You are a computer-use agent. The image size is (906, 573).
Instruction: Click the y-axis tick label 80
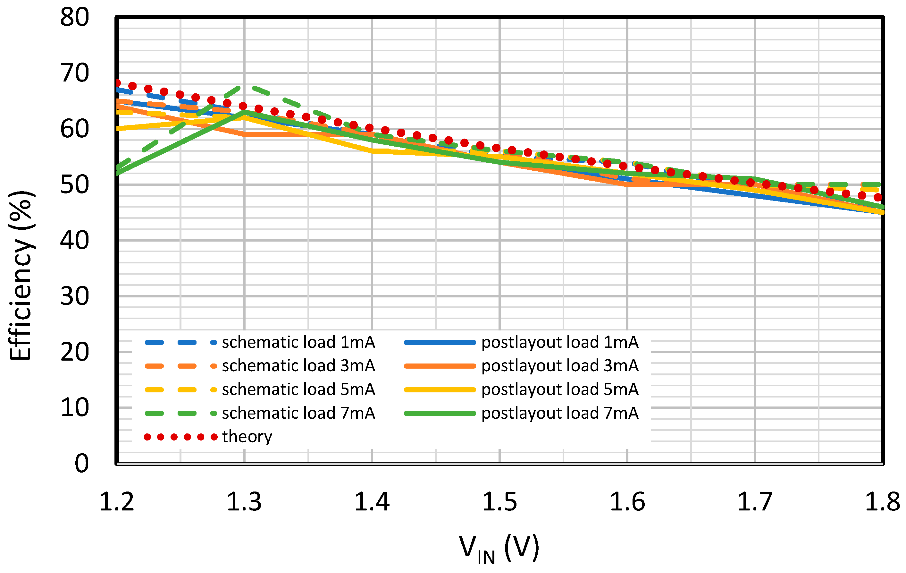click(x=74, y=17)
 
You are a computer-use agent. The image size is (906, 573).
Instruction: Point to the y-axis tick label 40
click(x=74, y=241)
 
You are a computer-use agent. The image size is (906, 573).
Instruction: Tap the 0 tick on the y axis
click(x=82, y=464)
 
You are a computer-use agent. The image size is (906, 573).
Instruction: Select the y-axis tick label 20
click(x=74, y=352)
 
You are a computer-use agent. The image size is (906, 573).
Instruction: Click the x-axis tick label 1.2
click(x=116, y=502)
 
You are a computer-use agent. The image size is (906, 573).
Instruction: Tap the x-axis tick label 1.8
click(x=882, y=502)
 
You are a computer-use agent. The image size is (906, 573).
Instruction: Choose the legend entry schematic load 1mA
click(x=298, y=342)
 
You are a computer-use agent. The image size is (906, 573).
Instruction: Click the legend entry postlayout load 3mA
click(x=560, y=365)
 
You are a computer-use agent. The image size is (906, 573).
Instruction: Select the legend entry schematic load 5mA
click(x=298, y=389)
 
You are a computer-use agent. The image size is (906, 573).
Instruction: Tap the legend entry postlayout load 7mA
click(x=560, y=413)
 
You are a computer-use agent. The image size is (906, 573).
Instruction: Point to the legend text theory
click(x=247, y=436)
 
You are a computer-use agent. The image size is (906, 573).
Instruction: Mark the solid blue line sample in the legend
click(x=440, y=343)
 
